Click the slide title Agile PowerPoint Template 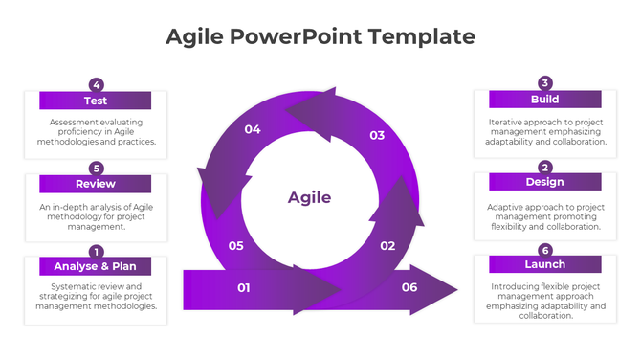click(320, 36)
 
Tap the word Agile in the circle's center click(309, 197)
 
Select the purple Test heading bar click(95, 101)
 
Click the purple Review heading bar click(95, 183)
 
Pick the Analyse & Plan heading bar click(95, 266)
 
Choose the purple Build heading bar click(544, 99)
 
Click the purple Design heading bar click(544, 182)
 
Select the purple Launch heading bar click(544, 264)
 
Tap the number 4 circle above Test click(96, 84)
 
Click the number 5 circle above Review click(96, 168)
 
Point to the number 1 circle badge click(96, 251)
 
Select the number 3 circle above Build click(545, 82)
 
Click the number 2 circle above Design click(545, 166)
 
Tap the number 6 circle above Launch click(545, 249)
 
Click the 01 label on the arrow click(244, 287)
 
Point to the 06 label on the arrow click(409, 287)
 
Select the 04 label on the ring click(253, 129)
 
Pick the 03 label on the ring click(377, 135)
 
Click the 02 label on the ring click(387, 246)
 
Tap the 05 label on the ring click(236, 246)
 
